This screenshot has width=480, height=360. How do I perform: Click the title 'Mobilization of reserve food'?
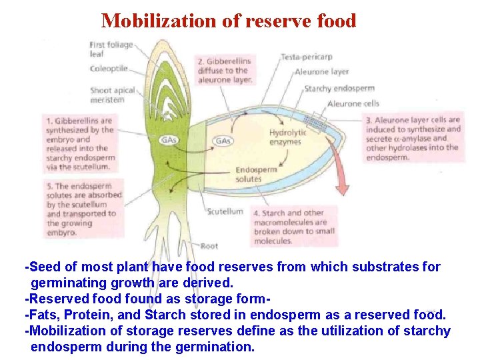[229, 20]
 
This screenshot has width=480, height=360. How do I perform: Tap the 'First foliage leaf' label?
[111, 49]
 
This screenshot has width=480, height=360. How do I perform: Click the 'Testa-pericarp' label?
[306, 57]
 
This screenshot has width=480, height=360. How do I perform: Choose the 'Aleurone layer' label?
[321, 72]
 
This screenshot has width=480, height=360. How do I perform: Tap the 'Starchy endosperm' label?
[339, 88]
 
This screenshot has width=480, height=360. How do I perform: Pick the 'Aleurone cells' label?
[353, 104]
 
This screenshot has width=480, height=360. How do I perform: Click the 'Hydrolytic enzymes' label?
[288, 137]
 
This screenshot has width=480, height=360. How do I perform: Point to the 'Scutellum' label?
[225, 212]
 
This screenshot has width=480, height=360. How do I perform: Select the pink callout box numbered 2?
[225, 70]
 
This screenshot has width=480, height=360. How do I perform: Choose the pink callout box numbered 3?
[413, 139]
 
